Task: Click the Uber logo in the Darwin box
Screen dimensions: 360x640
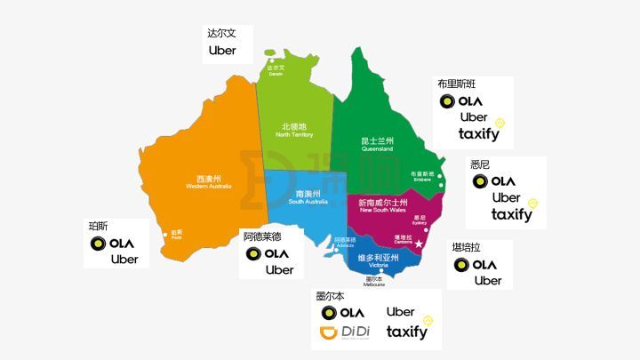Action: [x=222, y=51]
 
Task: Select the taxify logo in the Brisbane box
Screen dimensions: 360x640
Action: [x=479, y=134]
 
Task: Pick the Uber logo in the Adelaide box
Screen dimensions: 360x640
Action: [x=279, y=270]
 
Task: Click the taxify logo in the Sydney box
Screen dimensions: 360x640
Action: [x=511, y=214]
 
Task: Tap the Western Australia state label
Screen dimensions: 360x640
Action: [x=208, y=181]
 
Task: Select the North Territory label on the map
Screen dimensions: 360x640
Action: [x=294, y=130]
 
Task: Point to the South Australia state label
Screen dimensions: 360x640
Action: [x=308, y=197]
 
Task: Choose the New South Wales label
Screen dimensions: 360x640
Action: [x=382, y=206]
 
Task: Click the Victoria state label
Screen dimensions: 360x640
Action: [x=372, y=260]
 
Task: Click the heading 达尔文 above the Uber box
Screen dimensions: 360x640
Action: [x=218, y=32]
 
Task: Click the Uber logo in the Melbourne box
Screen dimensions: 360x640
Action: [x=401, y=312]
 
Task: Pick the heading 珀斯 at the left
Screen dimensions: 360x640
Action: [x=98, y=225]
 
